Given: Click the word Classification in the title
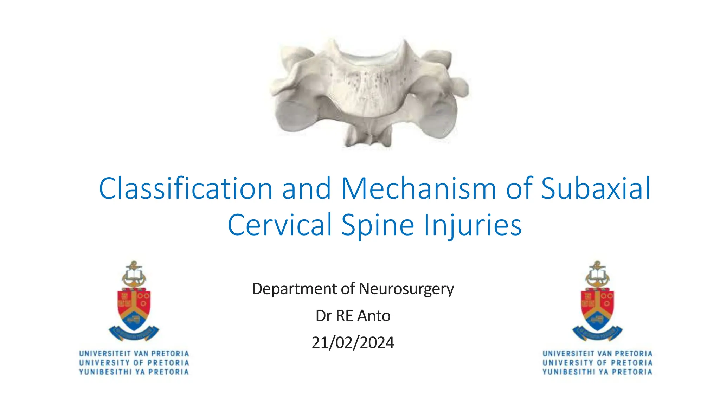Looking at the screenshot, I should [186, 189].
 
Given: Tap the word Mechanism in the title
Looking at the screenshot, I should [419, 189].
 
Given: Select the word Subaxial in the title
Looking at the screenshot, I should [595, 189].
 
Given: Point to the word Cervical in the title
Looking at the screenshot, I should [280, 225].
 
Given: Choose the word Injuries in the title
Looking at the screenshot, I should [472, 225].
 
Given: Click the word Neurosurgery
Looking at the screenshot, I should [406, 289].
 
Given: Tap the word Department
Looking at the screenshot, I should [294, 289].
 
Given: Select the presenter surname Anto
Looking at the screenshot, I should [374, 316].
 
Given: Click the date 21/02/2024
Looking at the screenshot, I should [353, 342].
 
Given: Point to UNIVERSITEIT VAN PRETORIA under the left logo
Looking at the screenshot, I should [134, 353].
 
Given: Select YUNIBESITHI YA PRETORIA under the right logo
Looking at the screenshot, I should [597, 372].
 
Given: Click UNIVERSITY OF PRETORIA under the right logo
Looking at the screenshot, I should [597, 362].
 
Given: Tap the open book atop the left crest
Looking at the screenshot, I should [134, 274].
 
